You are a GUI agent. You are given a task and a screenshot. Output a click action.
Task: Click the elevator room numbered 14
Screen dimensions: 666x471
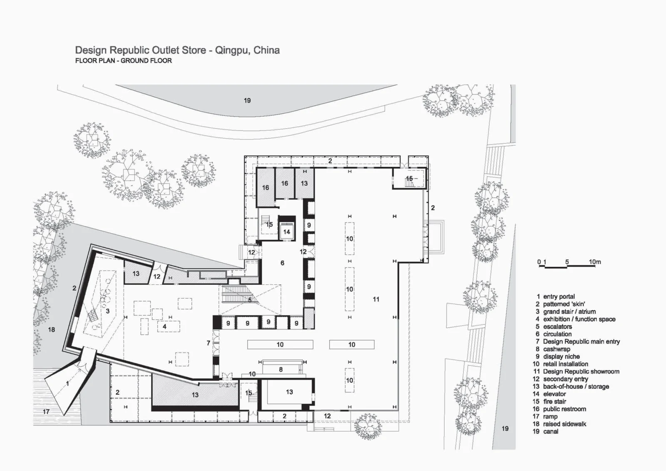tap(286, 232)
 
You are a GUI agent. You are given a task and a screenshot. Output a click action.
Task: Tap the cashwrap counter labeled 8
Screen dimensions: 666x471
tap(281, 369)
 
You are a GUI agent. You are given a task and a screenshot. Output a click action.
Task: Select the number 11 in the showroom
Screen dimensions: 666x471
tap(376, 299)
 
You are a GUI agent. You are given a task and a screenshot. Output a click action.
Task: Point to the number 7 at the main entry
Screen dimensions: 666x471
tap(209, 343)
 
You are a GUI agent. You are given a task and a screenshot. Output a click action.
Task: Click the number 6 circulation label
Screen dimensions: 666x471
tap(282, 263)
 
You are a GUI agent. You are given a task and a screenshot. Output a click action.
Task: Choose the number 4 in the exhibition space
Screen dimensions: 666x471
tap(165, 326)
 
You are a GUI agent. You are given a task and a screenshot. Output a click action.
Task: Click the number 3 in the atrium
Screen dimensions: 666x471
tap(107, 311)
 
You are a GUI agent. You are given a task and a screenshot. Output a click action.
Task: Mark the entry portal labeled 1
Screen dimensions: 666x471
tap(68, 384)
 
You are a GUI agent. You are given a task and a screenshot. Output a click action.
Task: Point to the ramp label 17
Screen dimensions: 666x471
tap(46, 411)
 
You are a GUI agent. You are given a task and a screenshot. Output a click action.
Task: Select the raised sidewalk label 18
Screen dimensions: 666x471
tap(51, 329)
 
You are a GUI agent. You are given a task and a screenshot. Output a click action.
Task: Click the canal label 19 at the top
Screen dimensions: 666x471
tap(247, 100)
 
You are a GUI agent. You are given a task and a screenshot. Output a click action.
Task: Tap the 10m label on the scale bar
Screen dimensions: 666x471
tap(595, 262)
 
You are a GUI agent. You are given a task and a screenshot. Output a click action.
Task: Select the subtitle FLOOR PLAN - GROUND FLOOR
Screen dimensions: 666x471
tap(123, 61)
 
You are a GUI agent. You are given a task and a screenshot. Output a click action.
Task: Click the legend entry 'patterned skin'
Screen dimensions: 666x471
tap(564, 304)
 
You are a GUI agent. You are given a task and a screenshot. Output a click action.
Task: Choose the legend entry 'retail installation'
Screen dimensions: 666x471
tap(565, 364)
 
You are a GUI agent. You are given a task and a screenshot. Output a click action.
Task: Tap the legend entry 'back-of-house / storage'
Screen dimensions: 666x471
tap(576, 386)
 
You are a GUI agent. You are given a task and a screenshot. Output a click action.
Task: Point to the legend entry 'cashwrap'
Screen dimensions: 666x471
tap(557, 349)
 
